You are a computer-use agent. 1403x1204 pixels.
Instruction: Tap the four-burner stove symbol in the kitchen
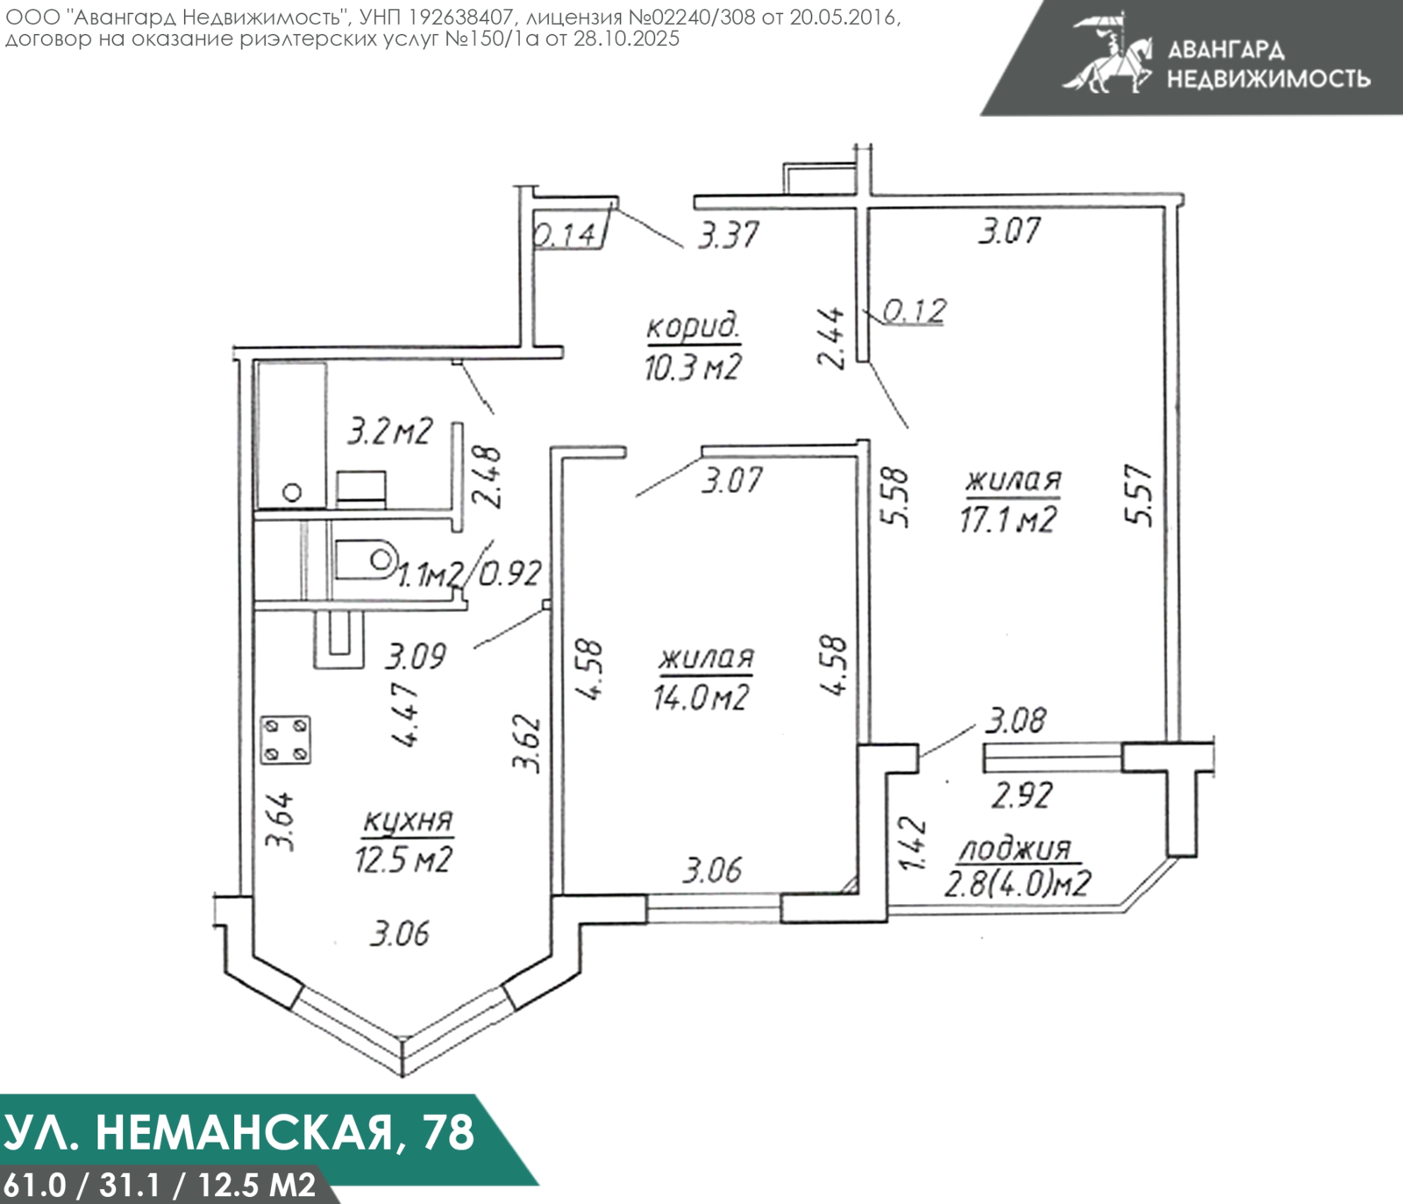285,740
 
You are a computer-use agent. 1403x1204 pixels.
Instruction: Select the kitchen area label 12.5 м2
403,859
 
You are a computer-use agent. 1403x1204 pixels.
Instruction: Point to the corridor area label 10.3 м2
692,366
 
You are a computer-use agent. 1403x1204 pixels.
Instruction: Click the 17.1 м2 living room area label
1008,519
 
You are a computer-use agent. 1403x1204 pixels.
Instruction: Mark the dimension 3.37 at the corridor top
728,236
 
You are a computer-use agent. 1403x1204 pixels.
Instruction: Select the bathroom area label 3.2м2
390,431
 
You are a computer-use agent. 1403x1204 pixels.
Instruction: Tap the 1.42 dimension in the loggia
913,842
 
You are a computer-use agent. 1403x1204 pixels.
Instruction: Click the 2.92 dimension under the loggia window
1022,795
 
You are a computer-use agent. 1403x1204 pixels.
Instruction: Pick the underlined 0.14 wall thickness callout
566,235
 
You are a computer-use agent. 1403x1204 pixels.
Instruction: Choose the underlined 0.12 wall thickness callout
915,310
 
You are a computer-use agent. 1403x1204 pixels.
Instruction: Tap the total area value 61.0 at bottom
34,1186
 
